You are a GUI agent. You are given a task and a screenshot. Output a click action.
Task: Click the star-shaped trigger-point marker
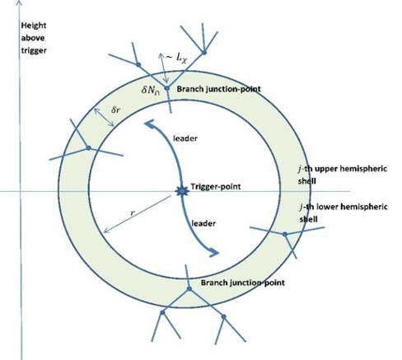pos(182,191)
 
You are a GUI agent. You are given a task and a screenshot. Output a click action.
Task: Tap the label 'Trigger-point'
pos(216,187)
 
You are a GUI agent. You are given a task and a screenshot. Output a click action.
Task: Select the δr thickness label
pos(115,110)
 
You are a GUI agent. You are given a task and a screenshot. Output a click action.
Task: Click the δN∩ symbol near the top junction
pos(150,91)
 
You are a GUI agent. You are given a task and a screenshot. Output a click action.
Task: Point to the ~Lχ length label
pos(176,58)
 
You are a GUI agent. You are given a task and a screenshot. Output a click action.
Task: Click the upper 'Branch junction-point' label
pos(218,89)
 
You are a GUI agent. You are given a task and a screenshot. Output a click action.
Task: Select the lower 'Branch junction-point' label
pos(243,283)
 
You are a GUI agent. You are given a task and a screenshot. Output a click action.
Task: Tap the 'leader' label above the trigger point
pos(185,138)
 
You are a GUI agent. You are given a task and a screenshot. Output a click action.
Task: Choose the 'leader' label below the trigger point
pos(203,223)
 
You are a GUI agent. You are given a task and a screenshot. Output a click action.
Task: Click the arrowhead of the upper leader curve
pos(149,124)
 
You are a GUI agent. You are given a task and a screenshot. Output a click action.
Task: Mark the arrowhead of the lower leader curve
pos(214,252)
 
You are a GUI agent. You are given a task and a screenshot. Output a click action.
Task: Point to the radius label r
pos(133,213)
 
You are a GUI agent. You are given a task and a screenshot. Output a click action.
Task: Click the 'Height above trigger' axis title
pos(34,38)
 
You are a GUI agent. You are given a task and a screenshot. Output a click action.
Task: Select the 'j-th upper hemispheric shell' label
pos(343,175)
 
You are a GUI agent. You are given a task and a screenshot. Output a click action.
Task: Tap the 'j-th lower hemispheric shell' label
pos(344,213)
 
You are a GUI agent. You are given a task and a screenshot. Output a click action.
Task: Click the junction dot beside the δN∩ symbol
pos(166,88)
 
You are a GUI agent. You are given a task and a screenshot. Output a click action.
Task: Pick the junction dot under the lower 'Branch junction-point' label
pos(189,288)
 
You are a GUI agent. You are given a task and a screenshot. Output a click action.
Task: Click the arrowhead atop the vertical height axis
pos(19,2)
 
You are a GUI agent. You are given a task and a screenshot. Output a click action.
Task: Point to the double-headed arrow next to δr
pos(104,117)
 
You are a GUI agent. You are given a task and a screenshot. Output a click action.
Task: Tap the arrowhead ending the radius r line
pos(106,231)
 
